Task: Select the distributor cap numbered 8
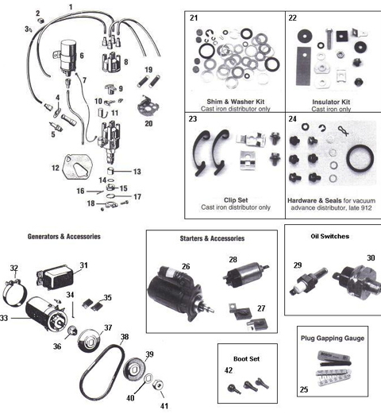click(110, 59)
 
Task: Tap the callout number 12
click(55, 168)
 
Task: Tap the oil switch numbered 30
click(350, 278)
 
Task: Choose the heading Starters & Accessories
click(206, 238)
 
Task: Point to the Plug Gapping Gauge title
click(333, 338)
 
